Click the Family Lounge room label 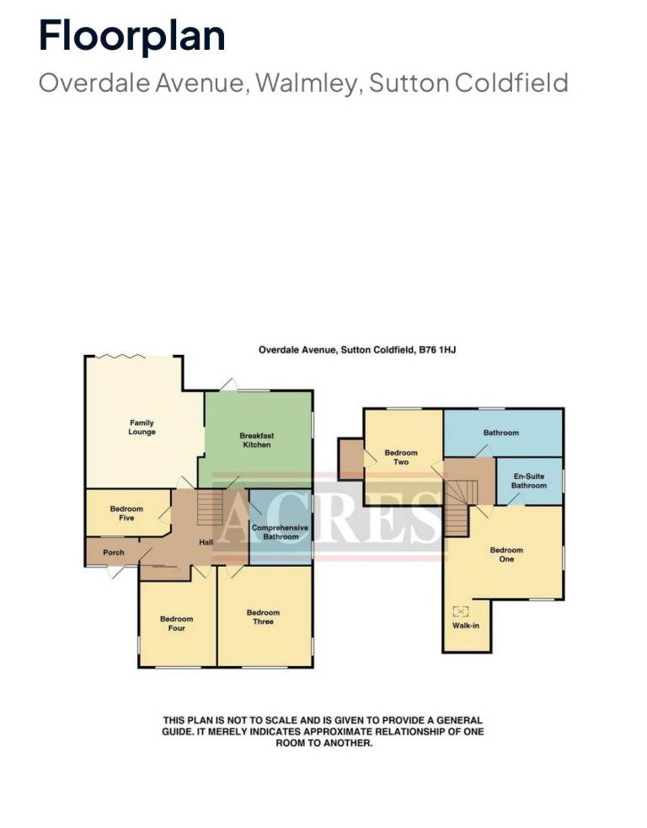(x=142, y=427)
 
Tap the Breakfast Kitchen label (x=257, y=440)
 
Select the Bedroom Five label (x=126, y=513)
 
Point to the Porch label (x=114, y=552)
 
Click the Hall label (x=206, y=542)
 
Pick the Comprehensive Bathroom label (x=281, y=532)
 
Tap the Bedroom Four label (x=177, y=624)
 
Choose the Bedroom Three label (x=264, y=617)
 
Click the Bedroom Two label (x=401, y=457)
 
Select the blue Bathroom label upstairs (x=501, y=433)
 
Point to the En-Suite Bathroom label (x=529, y=481)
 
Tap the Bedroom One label (x=506, y=555)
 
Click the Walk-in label (x=466, y=626)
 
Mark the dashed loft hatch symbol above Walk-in (x=461, y=611)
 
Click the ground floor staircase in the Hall (x=210, y=507)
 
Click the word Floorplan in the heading (x=132, y=35)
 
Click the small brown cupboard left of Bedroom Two (x=351, y=459)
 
